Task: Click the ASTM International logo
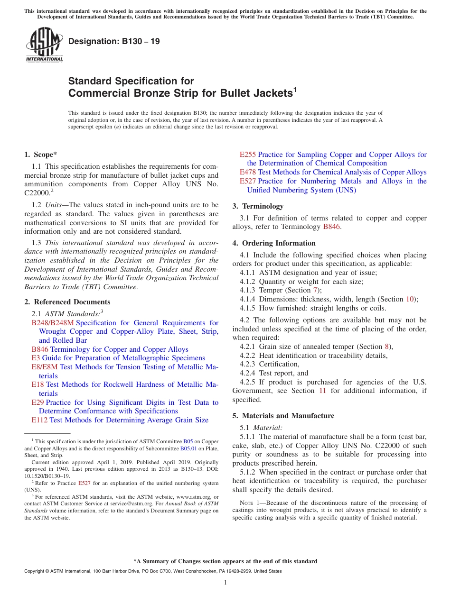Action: pos(44,46)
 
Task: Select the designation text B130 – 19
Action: pos(114,41)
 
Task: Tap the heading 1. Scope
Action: pos(41,154)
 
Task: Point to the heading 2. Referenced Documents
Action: pos(67,302)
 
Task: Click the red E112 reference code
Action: pos(39,420)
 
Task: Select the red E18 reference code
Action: pos(38,384)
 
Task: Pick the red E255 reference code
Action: pos(247,155)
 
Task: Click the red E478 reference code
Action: pos(247,172)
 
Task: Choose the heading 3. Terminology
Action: pos(258,206)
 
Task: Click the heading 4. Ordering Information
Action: pos(274,243)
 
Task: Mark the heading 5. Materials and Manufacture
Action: pos(283,416)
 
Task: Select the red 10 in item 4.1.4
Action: pos(410,299)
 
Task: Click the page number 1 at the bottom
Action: pos(225,582)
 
